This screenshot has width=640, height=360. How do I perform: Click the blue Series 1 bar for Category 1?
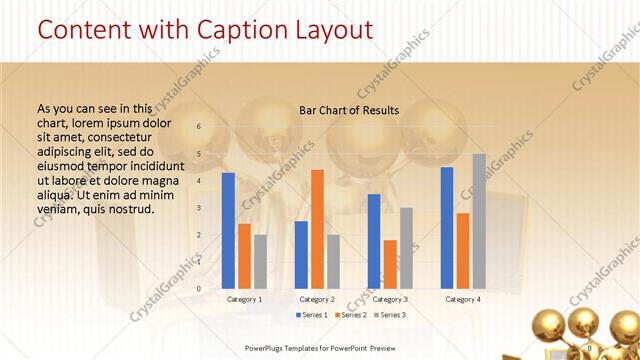coord(228,230)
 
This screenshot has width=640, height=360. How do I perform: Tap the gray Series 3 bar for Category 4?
coord(478,220)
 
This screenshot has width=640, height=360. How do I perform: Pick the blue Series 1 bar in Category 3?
coord(374,240)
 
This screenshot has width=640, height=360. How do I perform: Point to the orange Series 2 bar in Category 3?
coord(390,263)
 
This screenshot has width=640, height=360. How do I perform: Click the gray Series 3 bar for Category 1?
coord(260,261)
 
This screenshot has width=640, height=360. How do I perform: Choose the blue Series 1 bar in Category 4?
coord(446,227)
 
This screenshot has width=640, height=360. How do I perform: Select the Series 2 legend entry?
coord(350,315)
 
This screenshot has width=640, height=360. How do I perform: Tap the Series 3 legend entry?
coord(388,315)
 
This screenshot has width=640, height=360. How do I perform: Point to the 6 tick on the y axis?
coord(199,127)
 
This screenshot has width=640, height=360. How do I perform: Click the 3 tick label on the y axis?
coord(199,208)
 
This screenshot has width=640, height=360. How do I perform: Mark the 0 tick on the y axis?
coord(199,289)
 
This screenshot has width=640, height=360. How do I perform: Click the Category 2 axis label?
coord(317,299)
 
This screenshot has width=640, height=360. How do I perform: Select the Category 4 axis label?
coord(462,299)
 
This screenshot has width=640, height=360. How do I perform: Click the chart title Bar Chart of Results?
coord(349,110)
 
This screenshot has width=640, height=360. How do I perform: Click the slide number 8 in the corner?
coord(590,347)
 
